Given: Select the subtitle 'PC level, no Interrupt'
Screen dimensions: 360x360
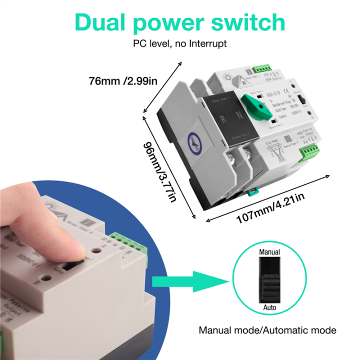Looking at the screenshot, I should point(179,43).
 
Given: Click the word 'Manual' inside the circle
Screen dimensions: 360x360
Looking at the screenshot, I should point(269,252).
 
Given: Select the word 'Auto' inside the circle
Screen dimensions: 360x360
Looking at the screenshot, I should point(269,307).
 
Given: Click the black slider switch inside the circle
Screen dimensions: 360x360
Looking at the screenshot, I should point(269,280).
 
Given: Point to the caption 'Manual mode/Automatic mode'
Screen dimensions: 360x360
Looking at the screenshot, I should point(267,330).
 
